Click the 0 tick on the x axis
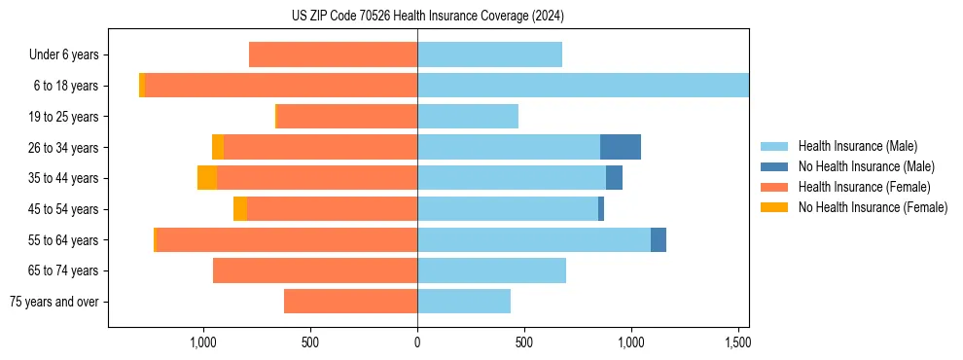click(x=417, y=342)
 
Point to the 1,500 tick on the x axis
click(x=737, y=342)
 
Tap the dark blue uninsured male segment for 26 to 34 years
click(x=621, y=147)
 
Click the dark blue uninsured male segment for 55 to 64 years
click(x=659, y=239)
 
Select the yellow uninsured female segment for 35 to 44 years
click(x=207, y=178)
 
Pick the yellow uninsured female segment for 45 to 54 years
click(x=240, y=209)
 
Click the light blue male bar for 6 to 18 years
click(x=584, y=86)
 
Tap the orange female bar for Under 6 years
click(x=334, y=54)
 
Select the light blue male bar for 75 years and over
click(x=464, y=302)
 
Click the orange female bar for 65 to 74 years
click(x=315, y=270)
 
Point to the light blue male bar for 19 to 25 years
click(x=468, y=117)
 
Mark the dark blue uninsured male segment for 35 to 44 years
click(x=614, y=178)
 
